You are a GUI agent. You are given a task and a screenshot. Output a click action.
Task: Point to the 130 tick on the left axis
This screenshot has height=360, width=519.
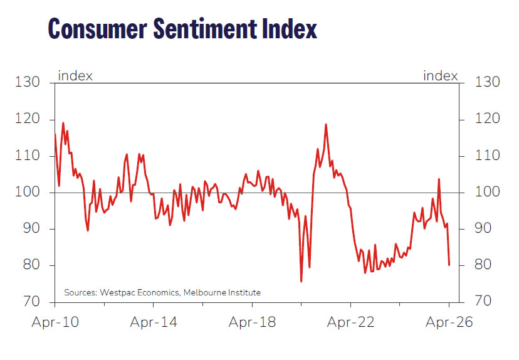point(28,82)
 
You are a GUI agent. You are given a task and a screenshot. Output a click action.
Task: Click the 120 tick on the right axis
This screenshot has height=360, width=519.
point(487,119)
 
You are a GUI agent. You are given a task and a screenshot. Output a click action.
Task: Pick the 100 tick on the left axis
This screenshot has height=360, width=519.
point(28,193)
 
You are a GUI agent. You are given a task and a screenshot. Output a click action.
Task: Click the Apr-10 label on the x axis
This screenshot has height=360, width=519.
point(55,322)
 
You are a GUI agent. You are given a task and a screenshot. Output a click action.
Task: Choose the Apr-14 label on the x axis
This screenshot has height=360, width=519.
point(154,322)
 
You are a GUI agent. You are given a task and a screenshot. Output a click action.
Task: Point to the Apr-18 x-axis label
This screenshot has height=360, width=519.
point(252,322)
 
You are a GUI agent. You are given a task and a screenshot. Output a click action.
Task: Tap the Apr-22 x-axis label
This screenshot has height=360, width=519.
point(350,322)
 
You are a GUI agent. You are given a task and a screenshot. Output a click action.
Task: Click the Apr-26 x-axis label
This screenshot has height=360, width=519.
point(449,322)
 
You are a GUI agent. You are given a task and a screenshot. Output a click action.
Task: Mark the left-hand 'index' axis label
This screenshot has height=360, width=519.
point(75,76)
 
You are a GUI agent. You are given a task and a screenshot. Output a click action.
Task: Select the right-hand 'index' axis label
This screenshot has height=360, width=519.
point(441,76)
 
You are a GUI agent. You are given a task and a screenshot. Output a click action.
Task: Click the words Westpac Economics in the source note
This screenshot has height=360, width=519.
point(135,292)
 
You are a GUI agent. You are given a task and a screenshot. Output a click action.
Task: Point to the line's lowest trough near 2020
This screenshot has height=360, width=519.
point(301,281)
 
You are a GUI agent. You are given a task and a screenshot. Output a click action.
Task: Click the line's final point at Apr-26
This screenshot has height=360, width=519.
point(449,265)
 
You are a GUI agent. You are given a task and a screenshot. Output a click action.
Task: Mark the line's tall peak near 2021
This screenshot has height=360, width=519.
point(326,124)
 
